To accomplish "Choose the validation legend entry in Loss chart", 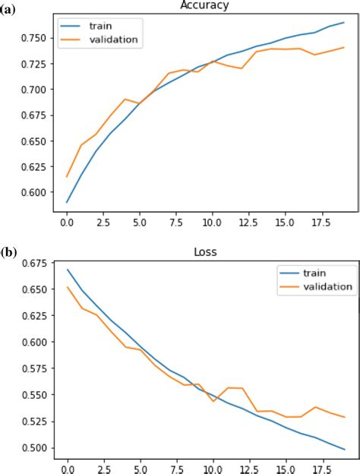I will tap(327, 286).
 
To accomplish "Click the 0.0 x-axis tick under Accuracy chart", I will tap(68, 225).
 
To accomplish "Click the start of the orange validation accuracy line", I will tap(68, 176).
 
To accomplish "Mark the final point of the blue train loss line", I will tap(344, 449).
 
